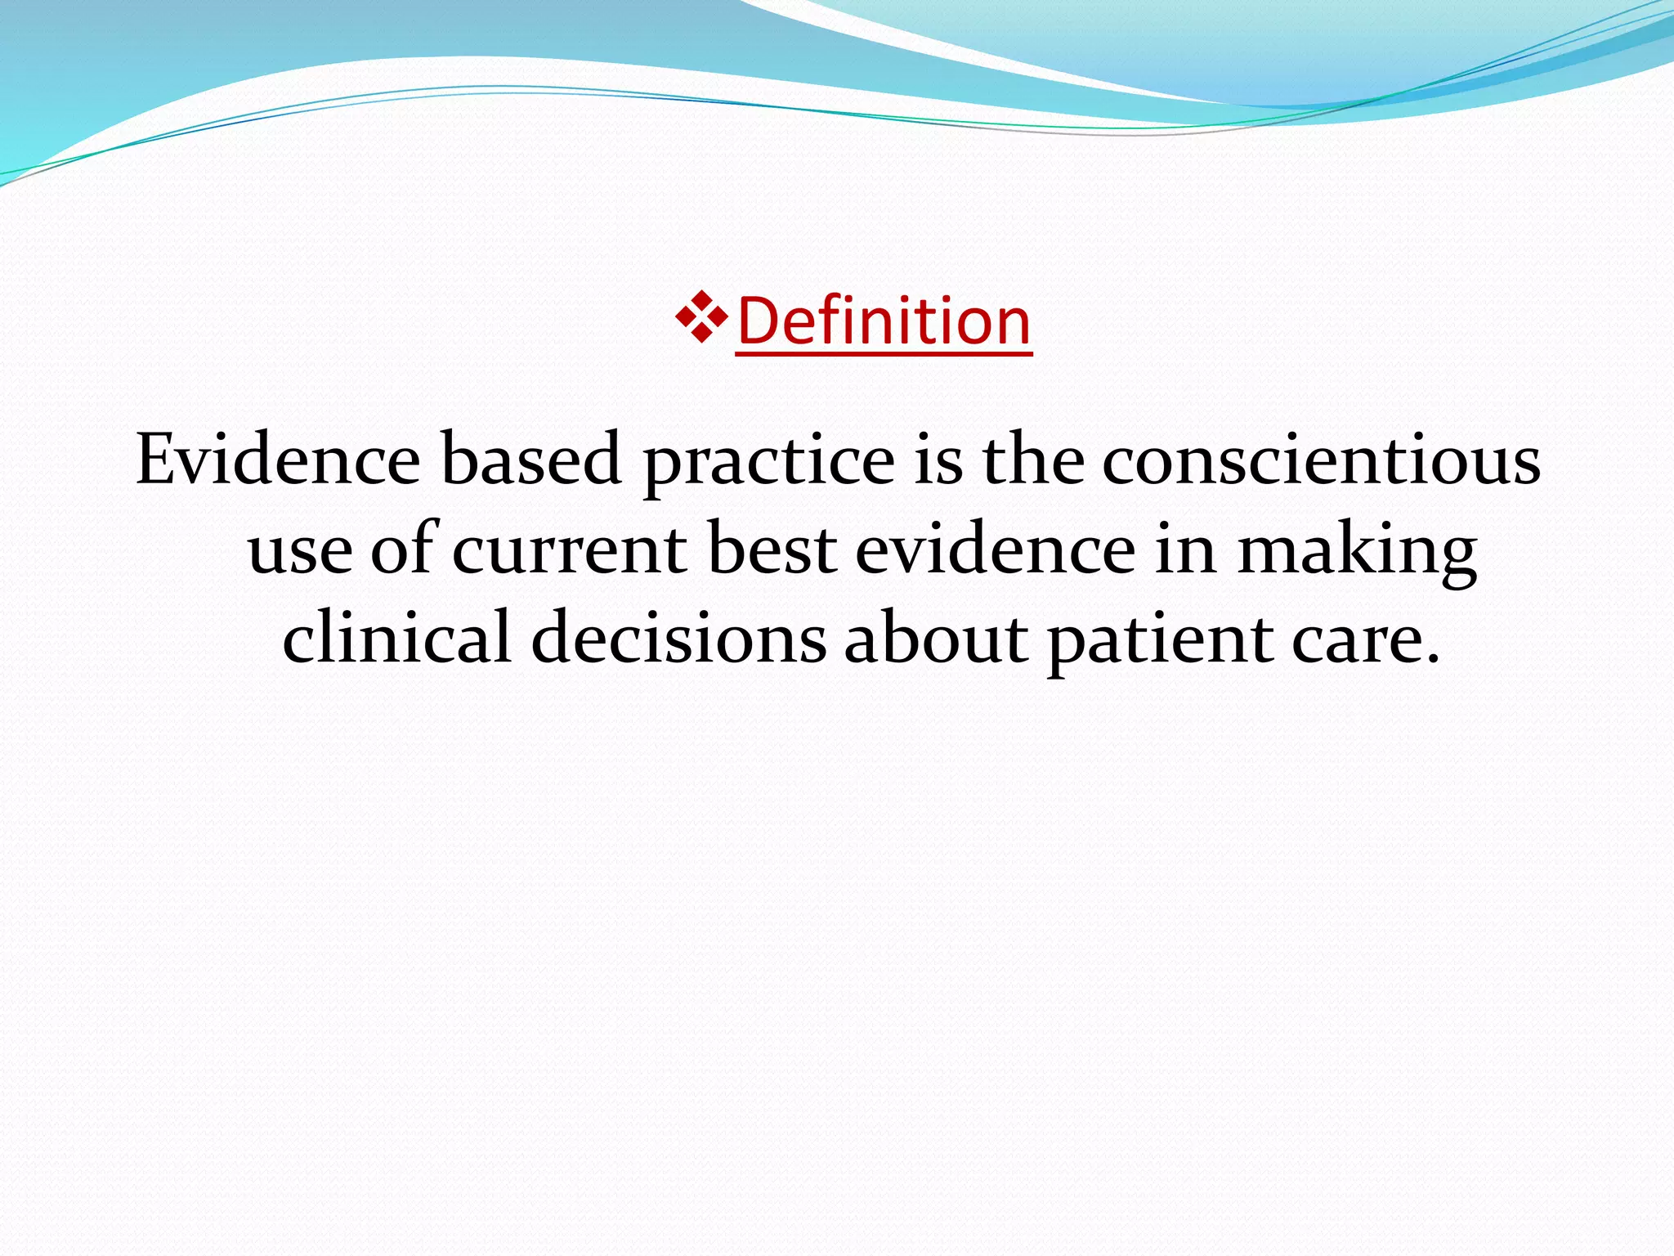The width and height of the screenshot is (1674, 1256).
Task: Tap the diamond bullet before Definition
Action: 701,316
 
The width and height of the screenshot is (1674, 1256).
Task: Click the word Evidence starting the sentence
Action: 278,460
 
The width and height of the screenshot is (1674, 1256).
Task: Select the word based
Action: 531,460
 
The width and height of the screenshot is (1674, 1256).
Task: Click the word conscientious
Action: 1321,460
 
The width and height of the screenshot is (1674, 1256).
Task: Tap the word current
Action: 569,550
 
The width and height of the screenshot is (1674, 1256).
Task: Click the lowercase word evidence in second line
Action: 995,549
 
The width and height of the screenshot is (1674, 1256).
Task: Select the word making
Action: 1356,553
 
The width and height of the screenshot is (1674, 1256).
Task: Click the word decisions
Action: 678,639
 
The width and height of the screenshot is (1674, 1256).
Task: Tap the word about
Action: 935,639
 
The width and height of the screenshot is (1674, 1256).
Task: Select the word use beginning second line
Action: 300,552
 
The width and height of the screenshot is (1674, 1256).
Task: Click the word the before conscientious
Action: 1032,460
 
